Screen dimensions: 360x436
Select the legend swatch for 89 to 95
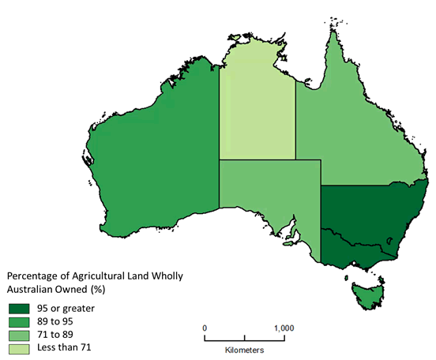tap(18, 321)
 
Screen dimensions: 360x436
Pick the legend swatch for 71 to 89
tap(18, 334)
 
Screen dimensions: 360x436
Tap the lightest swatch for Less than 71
tap(18, 347)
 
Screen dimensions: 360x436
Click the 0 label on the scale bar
tap(205, 327)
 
